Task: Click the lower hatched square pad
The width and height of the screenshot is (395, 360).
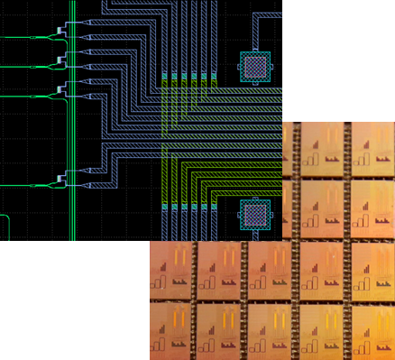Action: pos(254,215)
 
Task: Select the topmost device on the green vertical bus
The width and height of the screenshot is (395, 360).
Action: pos(63,32)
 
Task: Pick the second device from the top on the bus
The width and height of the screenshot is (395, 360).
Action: pos(63,61)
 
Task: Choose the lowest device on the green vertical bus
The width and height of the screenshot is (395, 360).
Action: pos(63,180)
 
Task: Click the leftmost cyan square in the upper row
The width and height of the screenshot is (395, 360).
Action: pos(165,75)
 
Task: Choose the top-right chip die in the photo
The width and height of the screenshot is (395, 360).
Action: pos(372,148)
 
